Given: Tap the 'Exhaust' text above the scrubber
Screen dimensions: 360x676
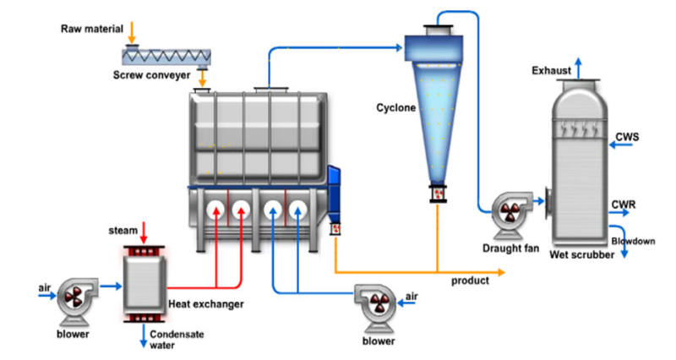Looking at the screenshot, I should coord(552,70).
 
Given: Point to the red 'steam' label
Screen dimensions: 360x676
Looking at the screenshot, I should coord(123,230).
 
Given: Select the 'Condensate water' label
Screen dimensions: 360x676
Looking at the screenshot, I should coord(174,339).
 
